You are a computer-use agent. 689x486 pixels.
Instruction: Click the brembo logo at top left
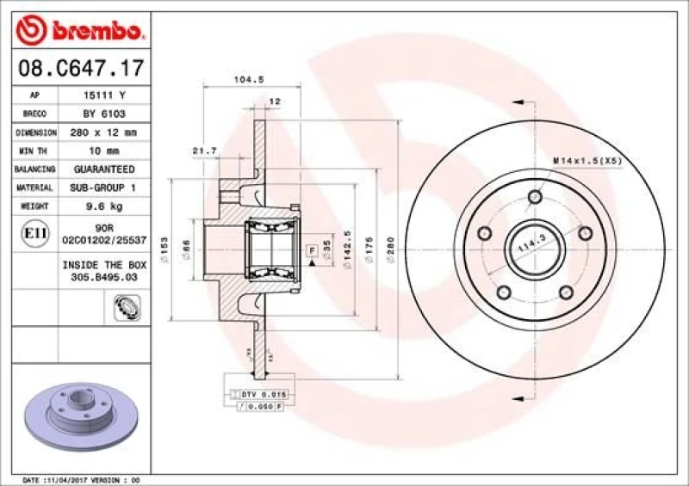(80, 33)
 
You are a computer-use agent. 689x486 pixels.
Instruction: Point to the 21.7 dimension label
(204, 151)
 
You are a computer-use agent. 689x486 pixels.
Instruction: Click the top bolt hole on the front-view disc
(535, 196)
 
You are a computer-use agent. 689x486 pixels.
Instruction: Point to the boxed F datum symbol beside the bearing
(311, 249)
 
